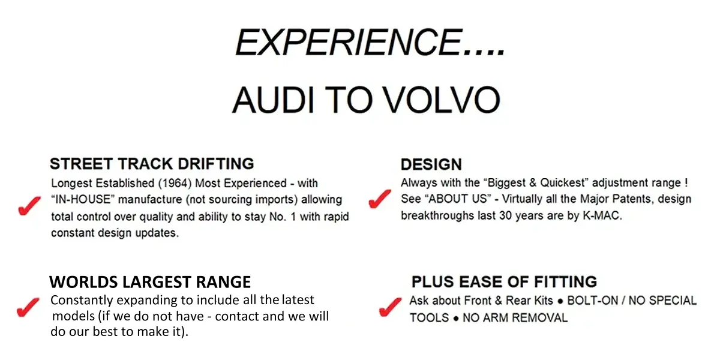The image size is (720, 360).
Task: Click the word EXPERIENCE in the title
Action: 349,43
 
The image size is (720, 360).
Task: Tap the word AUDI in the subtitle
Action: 273,100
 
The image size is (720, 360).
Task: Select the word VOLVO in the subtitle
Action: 442,100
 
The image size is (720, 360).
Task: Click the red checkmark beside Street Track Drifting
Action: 29,205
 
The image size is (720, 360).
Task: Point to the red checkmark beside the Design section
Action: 380,199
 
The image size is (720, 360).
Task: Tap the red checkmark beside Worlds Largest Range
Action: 28,307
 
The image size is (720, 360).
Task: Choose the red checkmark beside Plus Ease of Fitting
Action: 390,307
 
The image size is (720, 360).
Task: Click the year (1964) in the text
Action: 175,183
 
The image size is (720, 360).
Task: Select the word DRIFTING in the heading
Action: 216,164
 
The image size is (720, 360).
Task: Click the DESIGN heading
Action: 431,164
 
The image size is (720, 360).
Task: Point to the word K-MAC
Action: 602,215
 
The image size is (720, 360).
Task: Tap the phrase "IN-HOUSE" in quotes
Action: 83,199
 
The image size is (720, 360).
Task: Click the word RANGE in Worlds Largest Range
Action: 223,282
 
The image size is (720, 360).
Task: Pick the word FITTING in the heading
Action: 565,281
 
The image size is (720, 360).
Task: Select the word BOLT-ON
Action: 592,301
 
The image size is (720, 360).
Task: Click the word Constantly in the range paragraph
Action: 82,300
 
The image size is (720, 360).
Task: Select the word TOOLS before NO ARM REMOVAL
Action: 429,318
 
